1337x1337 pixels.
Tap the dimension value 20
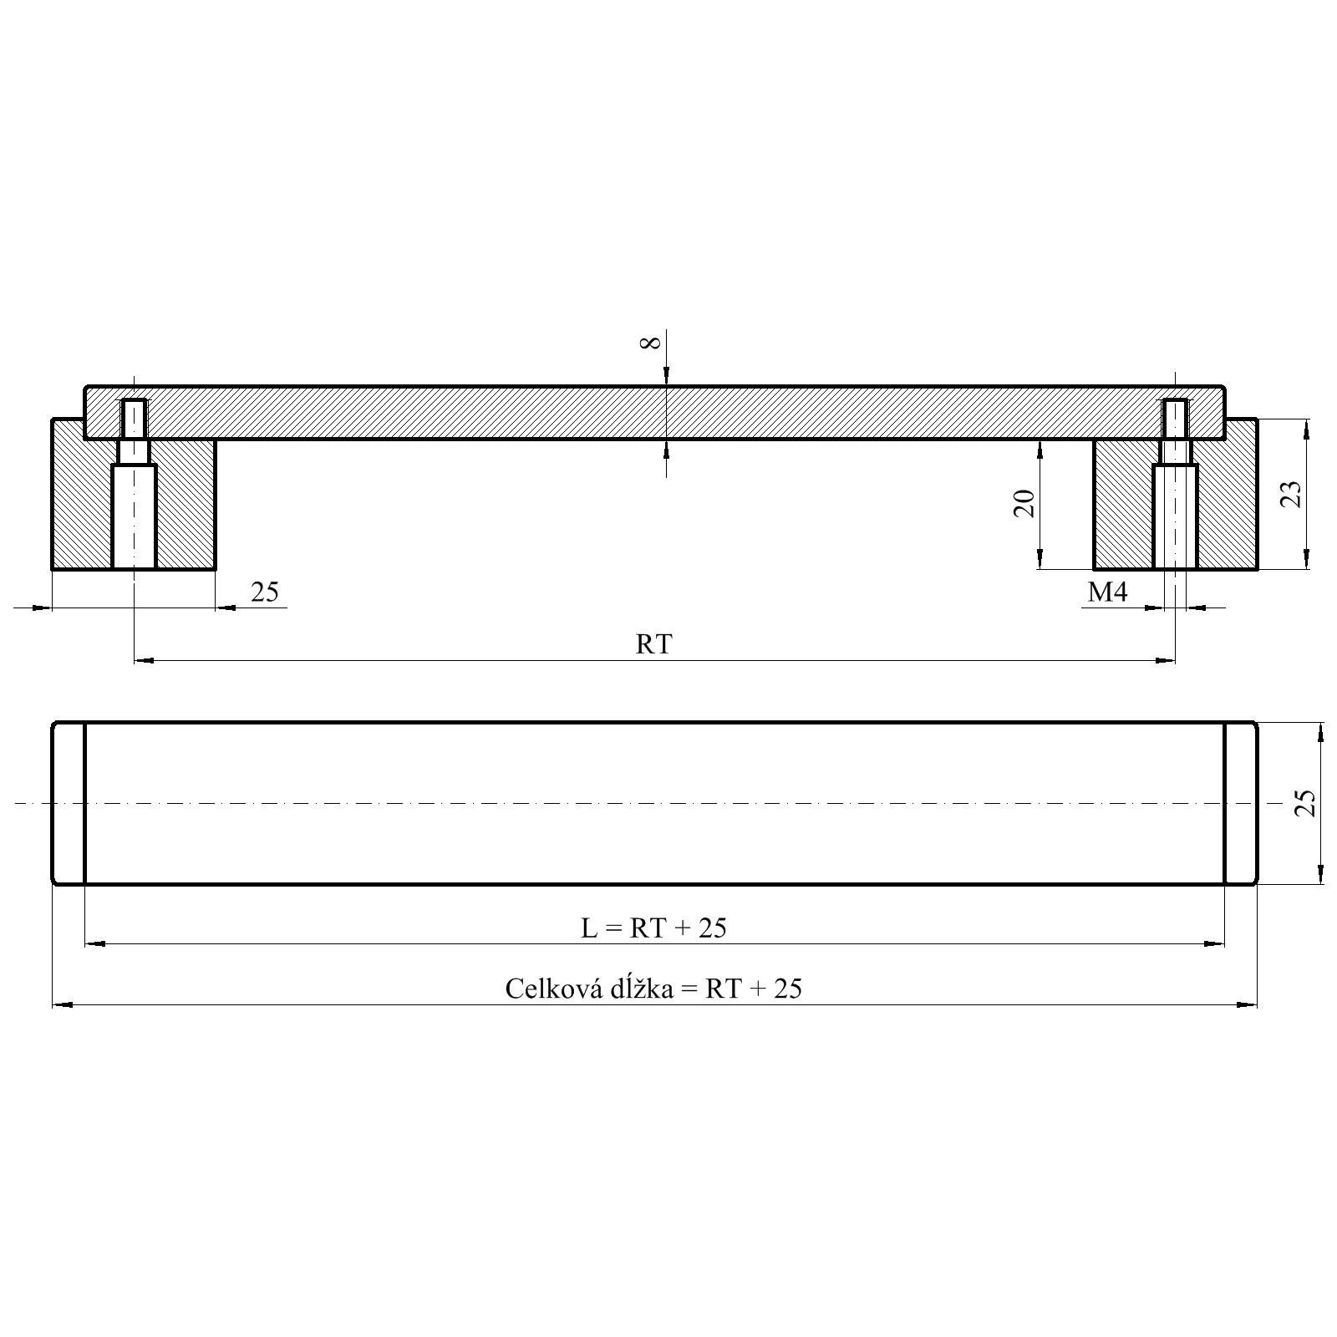pos(1024,503)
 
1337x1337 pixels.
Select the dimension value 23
pos(1292,493)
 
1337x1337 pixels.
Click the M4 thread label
pos(1107,592)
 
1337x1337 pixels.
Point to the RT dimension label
pos(653,643)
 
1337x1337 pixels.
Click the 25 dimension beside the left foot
pos(265,592)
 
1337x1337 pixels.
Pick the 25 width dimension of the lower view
pos(1305,802)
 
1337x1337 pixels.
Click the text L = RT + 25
pos(653,928)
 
